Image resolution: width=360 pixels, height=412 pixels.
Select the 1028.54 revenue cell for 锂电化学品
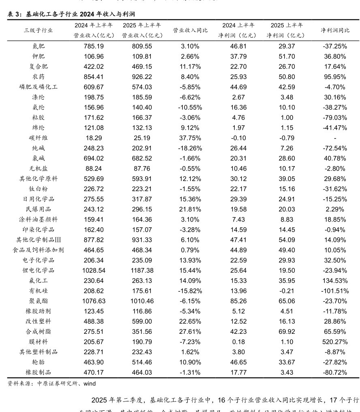tap(94, 270)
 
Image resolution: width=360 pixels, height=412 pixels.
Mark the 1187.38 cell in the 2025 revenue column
tap(142, 270)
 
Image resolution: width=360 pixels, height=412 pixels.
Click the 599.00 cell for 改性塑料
tap(142, 321)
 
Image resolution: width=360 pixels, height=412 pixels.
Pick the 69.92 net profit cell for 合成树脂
tap(287, 331)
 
